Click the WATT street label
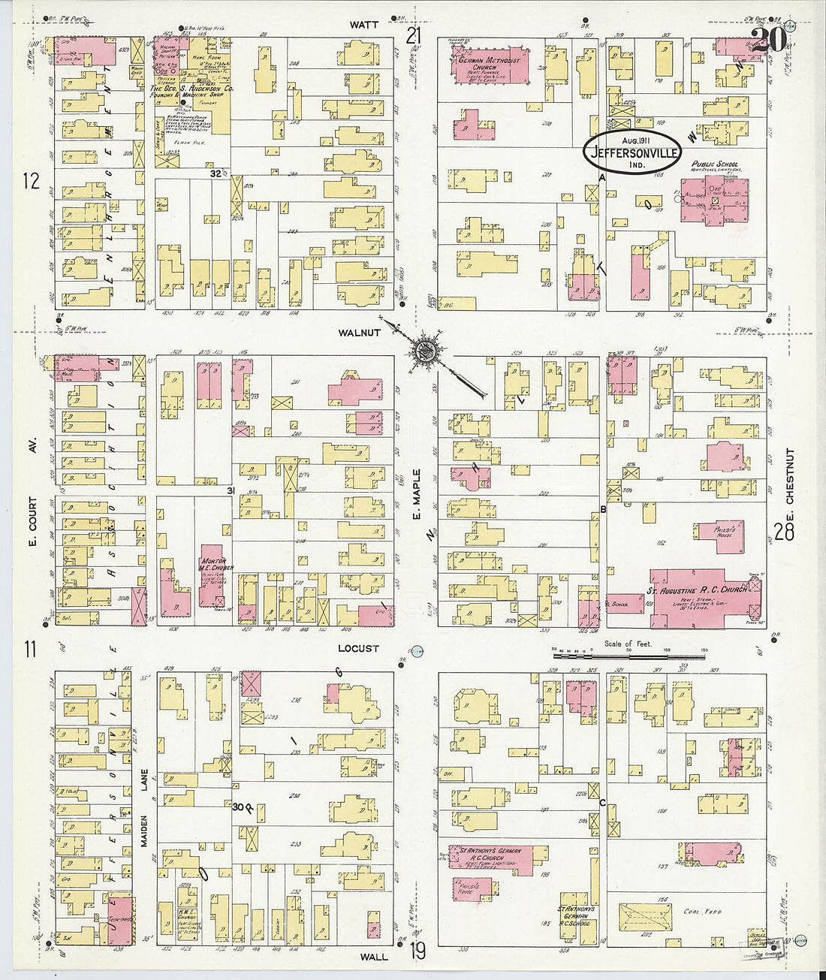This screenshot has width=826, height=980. (364, 25)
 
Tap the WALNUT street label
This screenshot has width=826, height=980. (359, 333)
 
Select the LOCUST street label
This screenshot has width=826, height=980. (357, 649)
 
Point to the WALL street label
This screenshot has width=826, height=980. (373, 957)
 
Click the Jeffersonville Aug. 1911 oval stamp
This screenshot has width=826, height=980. (635, 151)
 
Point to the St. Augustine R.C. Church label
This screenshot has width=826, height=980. (697, 590)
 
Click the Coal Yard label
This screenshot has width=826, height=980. (702, 912)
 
